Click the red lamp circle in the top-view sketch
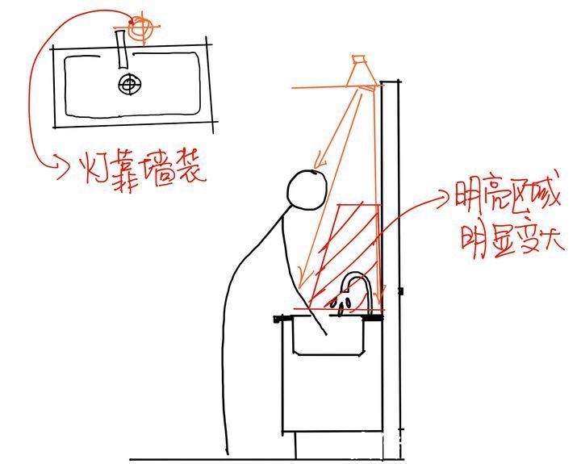(143, 27)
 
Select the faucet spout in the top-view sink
(123, 51)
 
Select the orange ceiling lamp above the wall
(362, 71)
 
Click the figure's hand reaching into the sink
(323, 329)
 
